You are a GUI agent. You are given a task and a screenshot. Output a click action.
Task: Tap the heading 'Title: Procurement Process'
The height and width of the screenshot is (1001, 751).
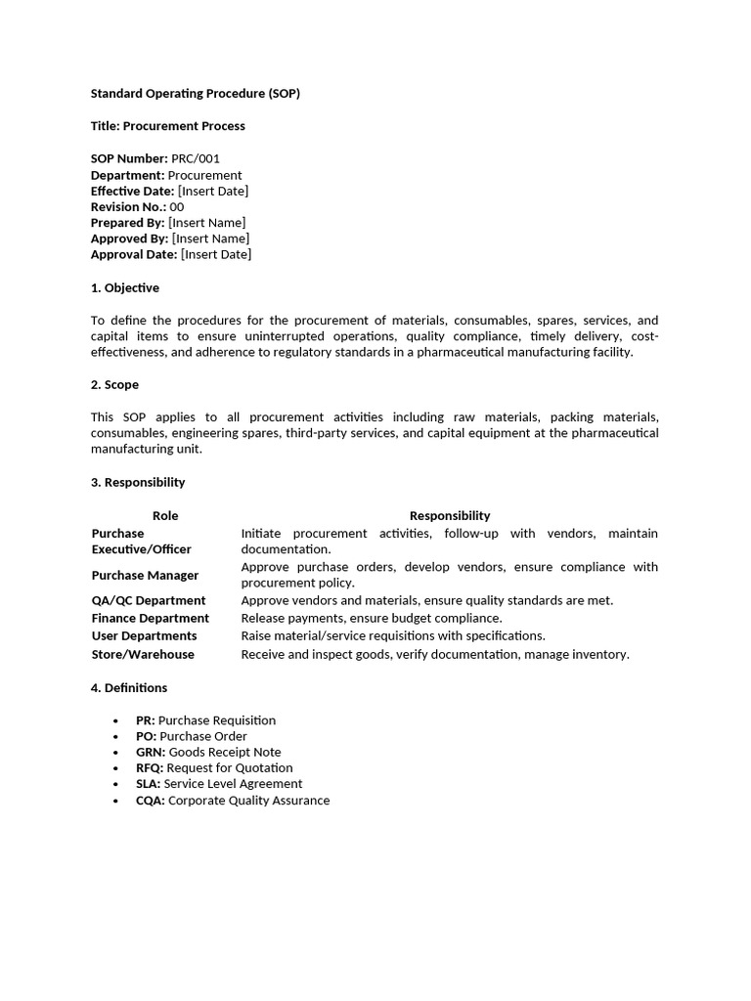168,126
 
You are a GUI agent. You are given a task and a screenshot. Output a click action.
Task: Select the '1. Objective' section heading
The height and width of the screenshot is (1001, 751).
125,288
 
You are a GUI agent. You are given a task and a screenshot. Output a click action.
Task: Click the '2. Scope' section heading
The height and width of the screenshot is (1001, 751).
115,385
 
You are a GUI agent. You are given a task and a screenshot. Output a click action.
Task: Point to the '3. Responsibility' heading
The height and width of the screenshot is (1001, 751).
138,482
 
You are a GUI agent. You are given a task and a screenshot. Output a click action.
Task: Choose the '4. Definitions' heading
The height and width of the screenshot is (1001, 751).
129,688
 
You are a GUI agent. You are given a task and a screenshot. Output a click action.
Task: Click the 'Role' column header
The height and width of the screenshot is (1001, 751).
165,515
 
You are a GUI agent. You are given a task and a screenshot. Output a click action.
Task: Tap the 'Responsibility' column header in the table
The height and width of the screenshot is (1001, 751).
450,515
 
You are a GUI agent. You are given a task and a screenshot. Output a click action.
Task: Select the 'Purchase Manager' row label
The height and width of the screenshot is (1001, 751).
145,576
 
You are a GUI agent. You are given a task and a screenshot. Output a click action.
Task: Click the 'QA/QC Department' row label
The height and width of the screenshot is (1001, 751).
149,600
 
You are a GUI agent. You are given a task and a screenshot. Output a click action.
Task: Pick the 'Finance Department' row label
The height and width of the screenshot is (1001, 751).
151,618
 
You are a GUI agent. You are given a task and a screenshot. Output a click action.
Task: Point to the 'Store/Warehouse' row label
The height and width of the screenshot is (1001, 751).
143,655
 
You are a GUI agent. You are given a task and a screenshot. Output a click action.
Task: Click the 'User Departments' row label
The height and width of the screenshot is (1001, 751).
144,636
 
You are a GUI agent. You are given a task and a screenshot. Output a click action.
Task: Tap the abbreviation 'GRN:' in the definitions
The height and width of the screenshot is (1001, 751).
151,753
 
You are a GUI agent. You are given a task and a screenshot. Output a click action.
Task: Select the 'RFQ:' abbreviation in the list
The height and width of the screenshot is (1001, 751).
150,768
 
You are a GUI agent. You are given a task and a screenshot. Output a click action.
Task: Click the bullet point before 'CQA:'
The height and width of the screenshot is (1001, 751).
116,801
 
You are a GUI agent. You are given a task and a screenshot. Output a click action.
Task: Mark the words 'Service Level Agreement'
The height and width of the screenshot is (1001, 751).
233,784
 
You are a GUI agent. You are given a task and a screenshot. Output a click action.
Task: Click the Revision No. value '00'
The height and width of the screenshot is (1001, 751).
177,207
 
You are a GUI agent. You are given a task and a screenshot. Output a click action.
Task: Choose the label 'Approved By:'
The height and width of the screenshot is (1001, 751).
129,239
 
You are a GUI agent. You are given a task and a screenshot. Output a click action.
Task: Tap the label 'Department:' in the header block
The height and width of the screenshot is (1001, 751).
127,175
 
